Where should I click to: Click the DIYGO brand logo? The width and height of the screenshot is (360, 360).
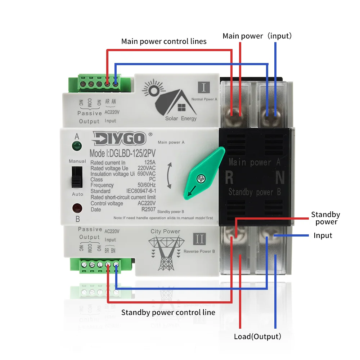click(x=120, y=138)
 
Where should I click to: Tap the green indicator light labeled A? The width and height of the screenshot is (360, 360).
click(x=76, y=146)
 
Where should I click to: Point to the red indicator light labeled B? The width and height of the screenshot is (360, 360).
click(x=77, y=208)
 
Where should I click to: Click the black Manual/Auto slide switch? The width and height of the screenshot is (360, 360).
click(x=76, y=177)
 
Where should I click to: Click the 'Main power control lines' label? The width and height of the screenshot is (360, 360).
click(x=164, y=41)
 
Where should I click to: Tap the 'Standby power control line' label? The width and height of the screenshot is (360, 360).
click(x=168, y=312)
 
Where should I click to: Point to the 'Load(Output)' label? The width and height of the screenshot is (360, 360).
click(x=257, y=337)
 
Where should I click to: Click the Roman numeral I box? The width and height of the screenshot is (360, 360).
click(x=204, y=87)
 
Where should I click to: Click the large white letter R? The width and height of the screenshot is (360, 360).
click(x=229, y=177)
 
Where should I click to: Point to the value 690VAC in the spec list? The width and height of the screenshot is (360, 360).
click(x=146, y=174)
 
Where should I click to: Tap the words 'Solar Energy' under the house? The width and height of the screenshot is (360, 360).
click(x=181, y=118)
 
